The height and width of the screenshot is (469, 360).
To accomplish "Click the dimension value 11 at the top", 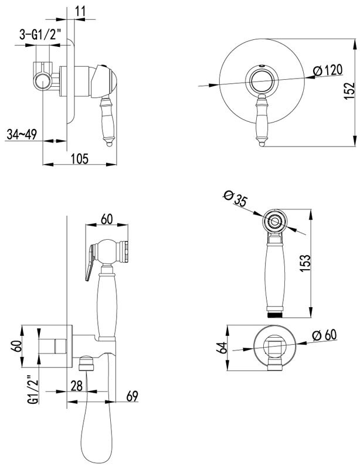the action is tap(80, 11).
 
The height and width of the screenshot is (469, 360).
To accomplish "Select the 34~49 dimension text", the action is tap(22, 134).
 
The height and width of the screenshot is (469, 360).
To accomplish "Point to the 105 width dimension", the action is tap(80, 158).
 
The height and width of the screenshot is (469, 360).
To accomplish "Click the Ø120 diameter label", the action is tap(327, 70).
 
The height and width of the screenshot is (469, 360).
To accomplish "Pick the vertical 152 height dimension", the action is tap(349, 91).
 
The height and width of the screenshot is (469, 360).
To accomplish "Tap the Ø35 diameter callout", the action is tap(235, 198).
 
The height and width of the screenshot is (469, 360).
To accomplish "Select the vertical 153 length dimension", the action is tap(305, 263).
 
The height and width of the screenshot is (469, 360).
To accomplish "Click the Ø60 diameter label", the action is tap(324, 335).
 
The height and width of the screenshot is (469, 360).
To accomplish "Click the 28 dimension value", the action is tap(77, 386).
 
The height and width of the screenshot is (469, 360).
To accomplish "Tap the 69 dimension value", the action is tap(132, 396).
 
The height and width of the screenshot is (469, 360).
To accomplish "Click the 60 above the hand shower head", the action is tap(107, 219).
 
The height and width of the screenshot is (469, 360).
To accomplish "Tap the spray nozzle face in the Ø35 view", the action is tap(274, 222).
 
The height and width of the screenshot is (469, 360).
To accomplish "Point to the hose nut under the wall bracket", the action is tap(86, 363).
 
